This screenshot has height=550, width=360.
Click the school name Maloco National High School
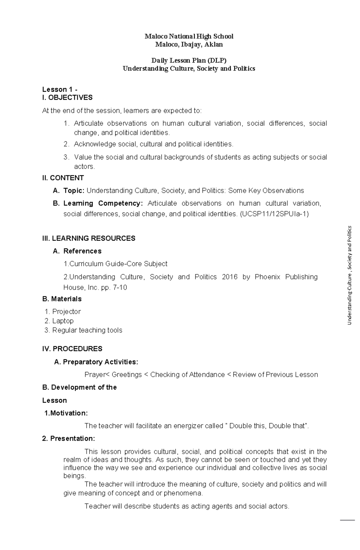(189, 37)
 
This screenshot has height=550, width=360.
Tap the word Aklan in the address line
(214, 45)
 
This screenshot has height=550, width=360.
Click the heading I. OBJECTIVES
(67, 98)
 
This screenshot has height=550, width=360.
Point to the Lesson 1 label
(60, 89)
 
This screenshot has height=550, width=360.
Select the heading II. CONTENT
(63, 178)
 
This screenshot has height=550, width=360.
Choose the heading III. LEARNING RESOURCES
(89, 239)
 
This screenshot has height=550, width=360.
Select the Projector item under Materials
(66, 312)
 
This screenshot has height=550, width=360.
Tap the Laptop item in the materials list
(63, 321)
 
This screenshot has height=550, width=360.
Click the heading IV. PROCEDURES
(72, 349)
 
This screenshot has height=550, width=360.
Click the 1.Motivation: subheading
(66, 413)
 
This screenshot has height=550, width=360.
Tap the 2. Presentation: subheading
(69, 439)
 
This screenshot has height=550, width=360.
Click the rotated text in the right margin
(349, 275)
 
